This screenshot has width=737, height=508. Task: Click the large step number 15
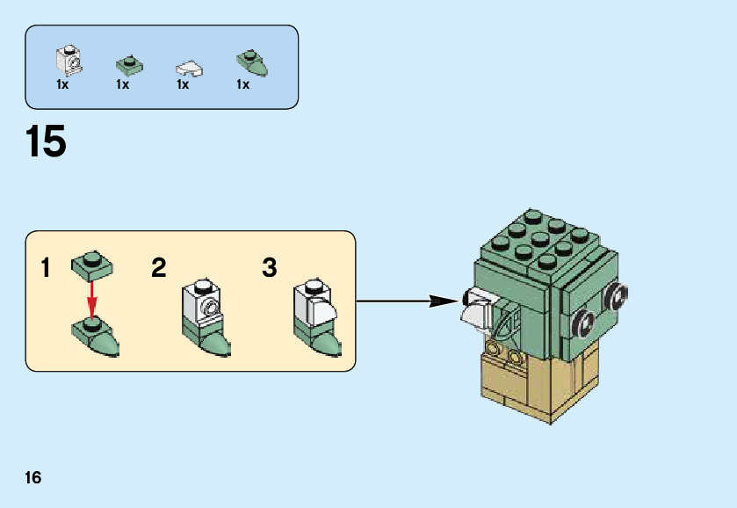pyautogui.click(x=47, y=142)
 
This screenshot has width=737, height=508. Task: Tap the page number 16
pyautogui.click(x=33, y=478)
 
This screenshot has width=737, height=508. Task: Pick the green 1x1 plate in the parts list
pyautogui.click(x=130, y=64)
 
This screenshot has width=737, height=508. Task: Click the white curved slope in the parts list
pyautogui.click(x=189, y=67)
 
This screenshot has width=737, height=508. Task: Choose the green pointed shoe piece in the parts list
pyautogui.click(x=251, y=62)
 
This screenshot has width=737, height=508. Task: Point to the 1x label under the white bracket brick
pyautogui.click(x=62, y=85)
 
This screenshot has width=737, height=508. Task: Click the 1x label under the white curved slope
pyautogui.click(x=183, y=85)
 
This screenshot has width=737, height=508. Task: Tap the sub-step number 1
pyautogui.click(x=45, y=268)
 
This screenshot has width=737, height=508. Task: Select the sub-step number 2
pyautogui.click(x=158, y=268)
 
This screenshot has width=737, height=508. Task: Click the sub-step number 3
pyautogui.click(x=270, y=268)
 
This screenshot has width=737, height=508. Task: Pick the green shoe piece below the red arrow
pyautogui.click(x=95, y=335)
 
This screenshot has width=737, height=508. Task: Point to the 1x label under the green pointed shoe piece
pyautogui.click(x=242, y=85)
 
